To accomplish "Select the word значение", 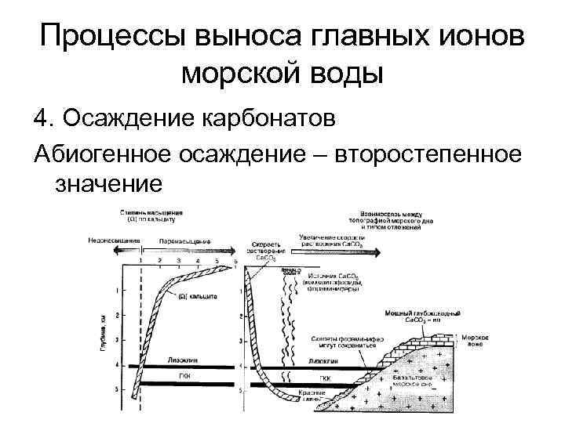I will click(108, 184).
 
